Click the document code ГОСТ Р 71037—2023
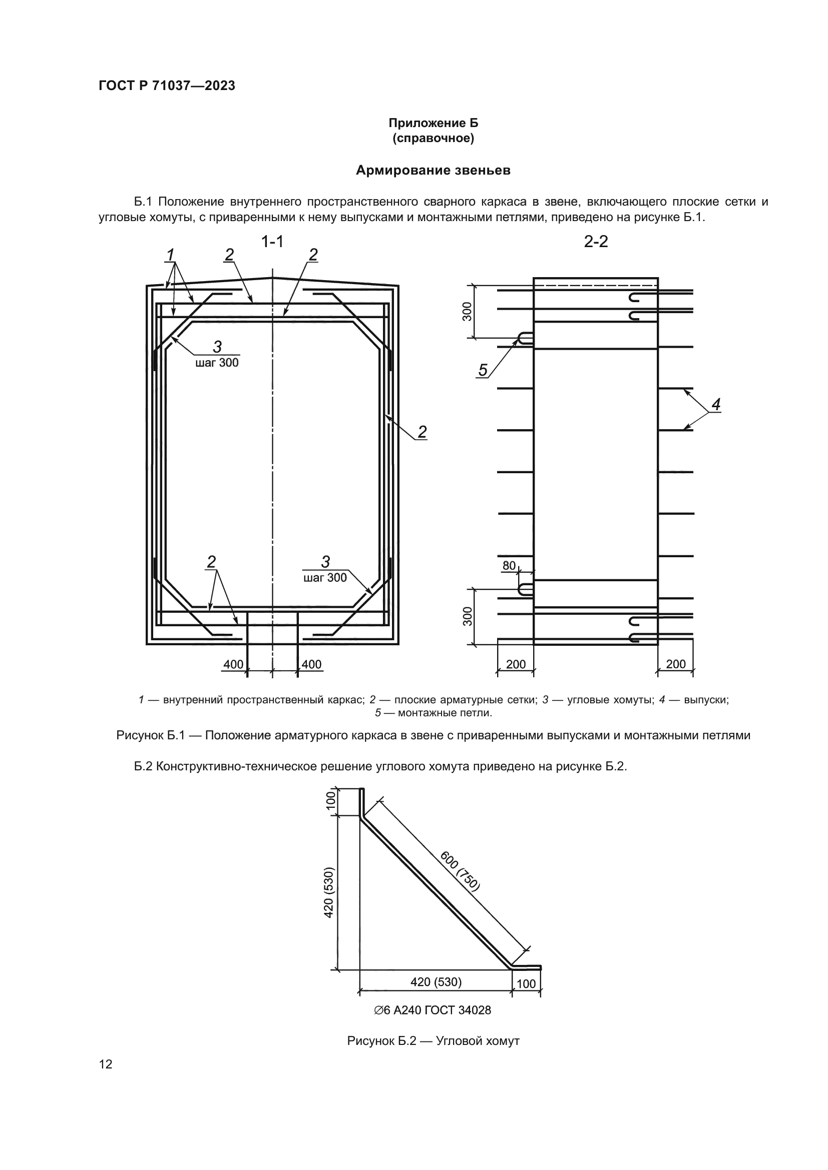click(x=167, y=86)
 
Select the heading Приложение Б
click(x=434, y=123)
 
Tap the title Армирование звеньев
click(x=433, y=170)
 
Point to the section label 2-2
click(x=596, y=242)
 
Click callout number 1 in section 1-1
click(x=170, y=254)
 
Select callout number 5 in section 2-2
click(x=482, y=370)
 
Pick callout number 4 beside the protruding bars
click(x=716, y=405)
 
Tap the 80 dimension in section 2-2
click(x=509, y=565)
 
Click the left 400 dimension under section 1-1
click(x=233, y=664)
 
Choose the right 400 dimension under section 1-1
click(x=311, y=664)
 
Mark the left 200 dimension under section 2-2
click(x=516, y=664)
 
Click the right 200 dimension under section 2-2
click(x=675, y=664)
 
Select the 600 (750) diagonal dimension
click(x=460, y=871)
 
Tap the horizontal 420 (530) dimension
click(x=436, y=981)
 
